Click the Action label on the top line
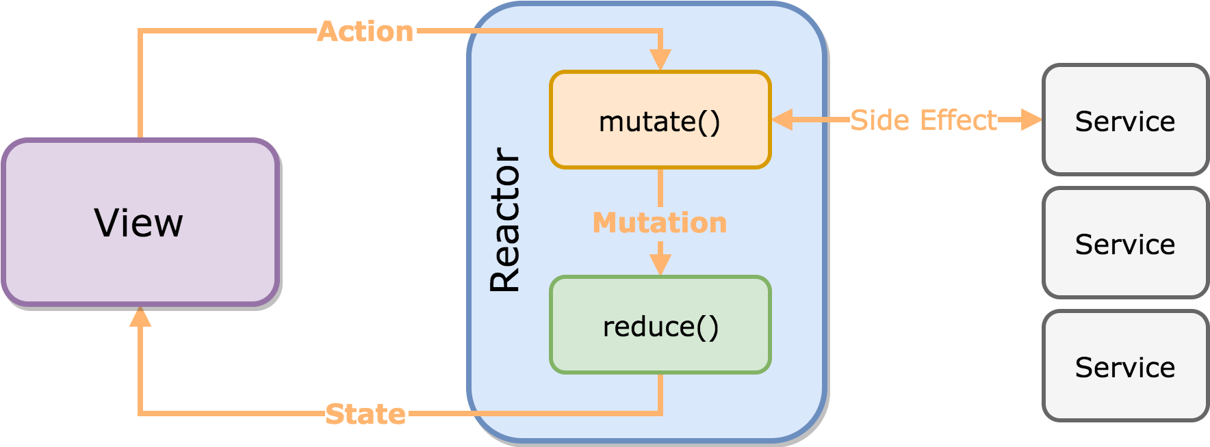366,31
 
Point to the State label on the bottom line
365,414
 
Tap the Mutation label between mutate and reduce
660,223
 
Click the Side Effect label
923,120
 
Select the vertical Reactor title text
506,220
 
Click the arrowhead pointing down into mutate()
660,60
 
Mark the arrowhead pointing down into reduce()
660,265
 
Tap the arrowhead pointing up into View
140,316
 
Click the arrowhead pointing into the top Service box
1031,120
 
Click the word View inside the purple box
139,223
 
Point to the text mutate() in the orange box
660,122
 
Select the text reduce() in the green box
660,327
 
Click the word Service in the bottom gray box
1125,368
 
